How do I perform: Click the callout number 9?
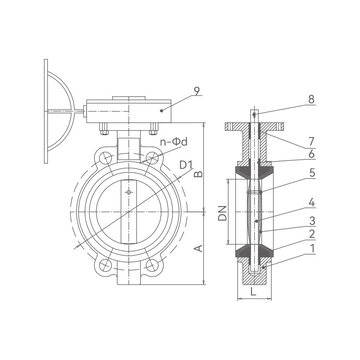pyautogui.click(x=197, y=91)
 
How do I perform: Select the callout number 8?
pyautogui.click(x=311, y=100)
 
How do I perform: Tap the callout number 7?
pyautogui.click(x=311, y=142)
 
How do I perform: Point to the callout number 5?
pyautogui.click(x=312, y=173)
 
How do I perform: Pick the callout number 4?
pyautogui.click(x=312, y=203)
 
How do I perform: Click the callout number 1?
pyautogui.click(x=312, y=249)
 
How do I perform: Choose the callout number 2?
pyautogui.click(x=312, y=234)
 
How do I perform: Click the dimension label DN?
pyautogui.click(x=222, y=213)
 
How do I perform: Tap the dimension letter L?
pyautogui.click(x=253, y=292)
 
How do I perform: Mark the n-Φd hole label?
pyautogui.click(x=174, y=142)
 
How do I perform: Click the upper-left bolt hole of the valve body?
pyautogui.click(x=105, y=158)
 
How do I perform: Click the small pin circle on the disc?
pyautogui.click(x=129, y=192)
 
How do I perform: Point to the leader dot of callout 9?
pyautogui.click(x=161, y=111)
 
